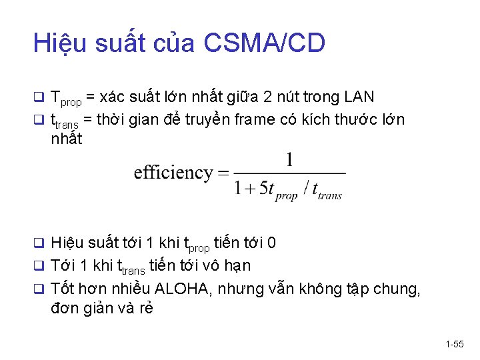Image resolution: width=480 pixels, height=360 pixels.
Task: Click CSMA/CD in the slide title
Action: [264, 43]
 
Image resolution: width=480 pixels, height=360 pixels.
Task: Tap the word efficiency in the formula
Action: [173, 173]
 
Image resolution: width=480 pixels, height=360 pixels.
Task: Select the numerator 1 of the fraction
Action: [289, 160]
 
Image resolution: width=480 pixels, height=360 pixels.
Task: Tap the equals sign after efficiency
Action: [222, 173]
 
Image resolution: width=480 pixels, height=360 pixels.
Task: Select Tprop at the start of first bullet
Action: [66, 99]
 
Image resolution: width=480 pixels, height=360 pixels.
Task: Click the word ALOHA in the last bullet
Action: [183, 289]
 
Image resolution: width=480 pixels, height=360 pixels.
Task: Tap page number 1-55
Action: [455, 344]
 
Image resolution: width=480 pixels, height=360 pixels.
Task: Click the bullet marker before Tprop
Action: [38, 98]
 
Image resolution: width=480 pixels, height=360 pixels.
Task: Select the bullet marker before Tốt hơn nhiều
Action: [38, 289]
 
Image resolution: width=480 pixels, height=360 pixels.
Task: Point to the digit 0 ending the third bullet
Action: [272, 243]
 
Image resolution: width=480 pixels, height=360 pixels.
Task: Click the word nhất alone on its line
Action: [66, 139]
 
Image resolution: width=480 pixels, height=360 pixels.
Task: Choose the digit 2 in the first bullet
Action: [267, 97]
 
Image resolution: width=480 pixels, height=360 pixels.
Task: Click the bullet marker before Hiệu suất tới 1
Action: [38, 243]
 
